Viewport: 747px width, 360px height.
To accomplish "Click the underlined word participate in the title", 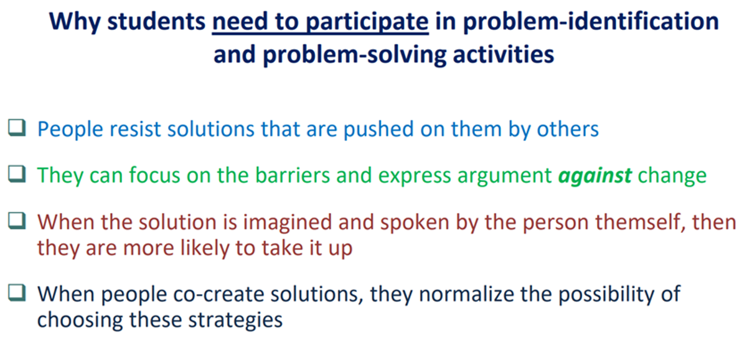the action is tap(367, 22).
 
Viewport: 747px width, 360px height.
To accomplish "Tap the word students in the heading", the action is tap(156, 21).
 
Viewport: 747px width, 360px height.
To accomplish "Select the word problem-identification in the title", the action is tap(591, 21).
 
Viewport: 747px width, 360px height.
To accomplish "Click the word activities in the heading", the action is tap(504, 54).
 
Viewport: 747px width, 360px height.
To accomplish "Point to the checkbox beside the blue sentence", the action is tap(17, 128).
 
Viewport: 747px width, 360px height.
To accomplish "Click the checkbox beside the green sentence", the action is tap(17, 174).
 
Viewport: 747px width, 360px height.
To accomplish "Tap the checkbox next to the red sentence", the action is tap(17, 221).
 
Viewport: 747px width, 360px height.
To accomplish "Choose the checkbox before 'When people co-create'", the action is tap(17, 293).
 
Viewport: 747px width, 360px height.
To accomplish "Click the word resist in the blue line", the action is tap(136, 129).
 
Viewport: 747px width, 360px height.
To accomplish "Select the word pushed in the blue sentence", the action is tap(379, 129).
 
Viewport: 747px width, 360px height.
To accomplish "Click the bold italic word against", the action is tap(595, 176).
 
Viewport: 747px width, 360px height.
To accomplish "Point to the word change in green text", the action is tap(672, 176).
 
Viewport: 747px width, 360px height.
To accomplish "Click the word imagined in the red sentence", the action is tap(288, 222).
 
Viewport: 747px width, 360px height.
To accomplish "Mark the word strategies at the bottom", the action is tap(235, 320).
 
